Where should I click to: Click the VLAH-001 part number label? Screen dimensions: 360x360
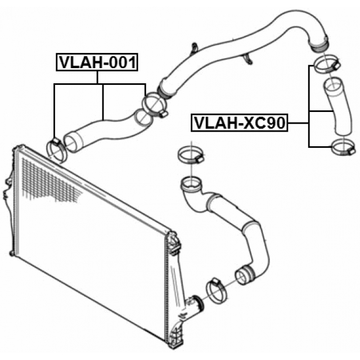(97, 62)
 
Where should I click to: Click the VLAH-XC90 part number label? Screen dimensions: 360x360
(240, 123)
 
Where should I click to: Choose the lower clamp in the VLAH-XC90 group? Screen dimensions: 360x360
(344, 147)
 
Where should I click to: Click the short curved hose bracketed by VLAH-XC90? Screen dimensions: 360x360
(337, 106)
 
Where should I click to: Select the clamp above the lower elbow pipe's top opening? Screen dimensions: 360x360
(191, 156)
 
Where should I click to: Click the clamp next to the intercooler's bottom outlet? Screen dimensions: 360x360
(216, 290)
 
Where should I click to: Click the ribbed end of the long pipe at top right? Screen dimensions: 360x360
(319, 45)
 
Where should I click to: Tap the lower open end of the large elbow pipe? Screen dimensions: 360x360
(245, 275)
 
